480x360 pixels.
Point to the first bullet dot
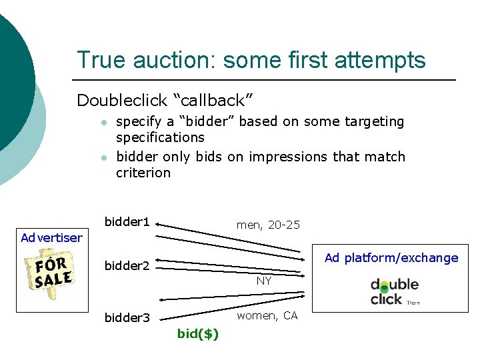(x=103, y=123)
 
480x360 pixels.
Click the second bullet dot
(x=103, y=158)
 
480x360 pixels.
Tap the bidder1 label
(x=127, y=221)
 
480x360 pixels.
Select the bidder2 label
(x=127, y=266)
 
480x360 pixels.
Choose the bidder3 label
(x=127, y=317)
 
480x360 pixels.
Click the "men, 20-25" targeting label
(x=268, y=225)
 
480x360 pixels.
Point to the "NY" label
(x=264, y=281)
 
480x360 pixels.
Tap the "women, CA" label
(x=267, y=315)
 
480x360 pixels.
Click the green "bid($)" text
(x=198, y=334)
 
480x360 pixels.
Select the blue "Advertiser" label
(x=51, y=237)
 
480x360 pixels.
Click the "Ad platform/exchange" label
(x=391, y=258)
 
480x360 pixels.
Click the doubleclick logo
(x=395, y=291)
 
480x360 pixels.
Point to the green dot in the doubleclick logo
(x=385, y=289)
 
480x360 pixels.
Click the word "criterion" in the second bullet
(x=143, y=173)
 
